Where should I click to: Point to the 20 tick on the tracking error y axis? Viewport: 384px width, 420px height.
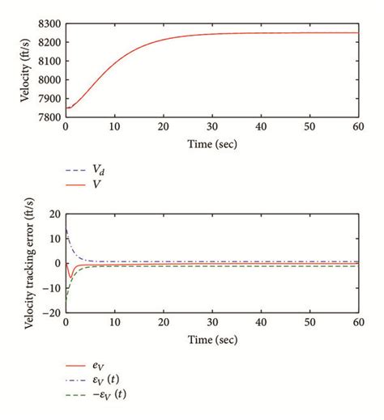[53, 214]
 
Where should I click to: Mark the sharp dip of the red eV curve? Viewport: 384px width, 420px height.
[70, 278]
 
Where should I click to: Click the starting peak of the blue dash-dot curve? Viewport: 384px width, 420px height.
[66, 231]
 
